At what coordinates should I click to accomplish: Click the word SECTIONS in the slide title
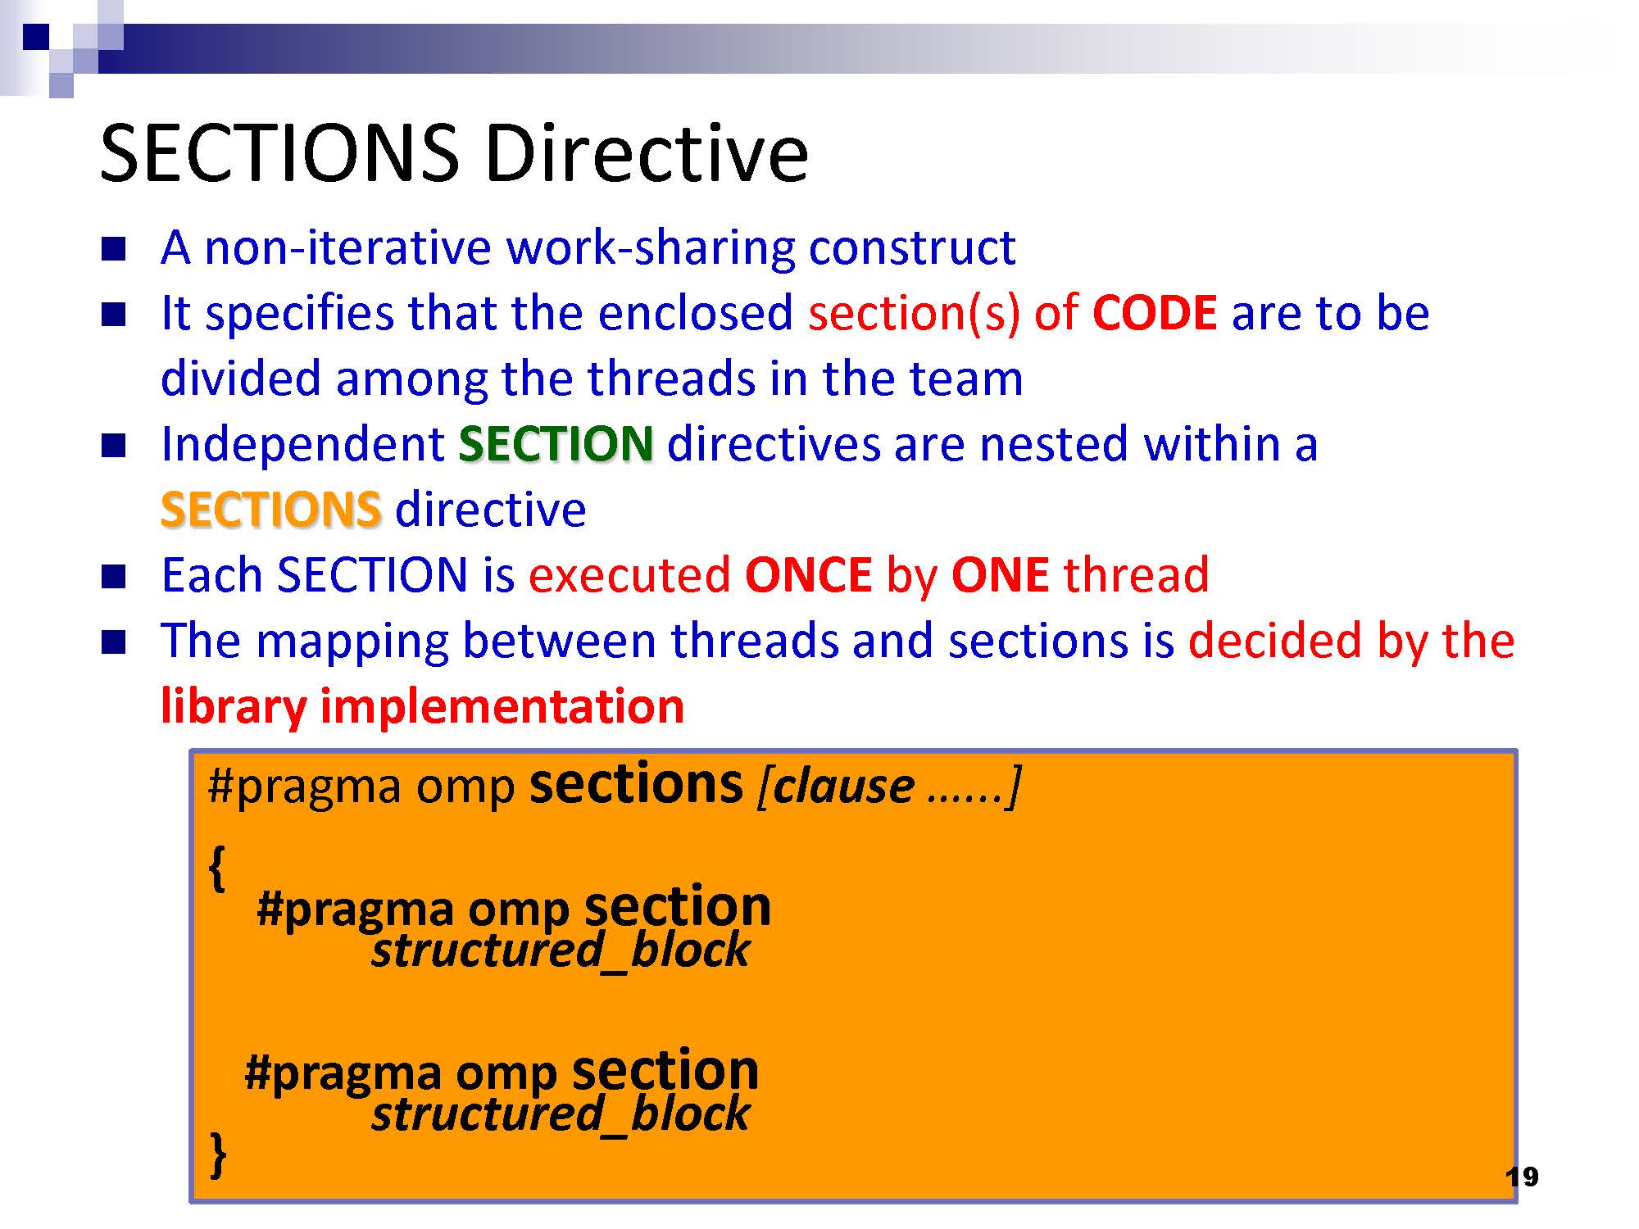(x=279, y=153)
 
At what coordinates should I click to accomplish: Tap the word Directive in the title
(x=647, y=153)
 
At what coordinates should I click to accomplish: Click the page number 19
(x=1522, y=1177)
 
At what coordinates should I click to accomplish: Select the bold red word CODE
(x=1155, y=313)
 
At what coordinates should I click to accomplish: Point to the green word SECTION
(x=556, y=444)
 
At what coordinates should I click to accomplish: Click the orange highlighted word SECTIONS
(x=271, y=510)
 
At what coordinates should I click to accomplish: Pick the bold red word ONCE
(x=808, y=575)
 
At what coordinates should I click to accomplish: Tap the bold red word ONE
(x=1000, y=575)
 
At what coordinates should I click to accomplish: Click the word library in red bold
(x=234, y=706)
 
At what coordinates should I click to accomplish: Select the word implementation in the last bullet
(x=502, y=706)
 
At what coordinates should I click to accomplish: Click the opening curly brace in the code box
(x=216, y=868)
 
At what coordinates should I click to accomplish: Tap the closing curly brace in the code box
(x=218, y=1155)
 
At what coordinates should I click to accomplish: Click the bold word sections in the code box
(x=636, y=784)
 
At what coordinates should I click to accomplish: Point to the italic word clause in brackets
(x=844, y=787)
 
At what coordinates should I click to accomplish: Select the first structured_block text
(x=561, y=950)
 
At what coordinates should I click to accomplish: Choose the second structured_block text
(x=561, y=1114)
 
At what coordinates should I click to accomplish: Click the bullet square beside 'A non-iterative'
(x=114, y=249)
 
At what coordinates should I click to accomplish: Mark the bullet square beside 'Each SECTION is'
(x=114, y=577)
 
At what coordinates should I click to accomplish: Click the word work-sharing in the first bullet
(x=652, y=247)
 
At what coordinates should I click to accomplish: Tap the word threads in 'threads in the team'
(x=670, y=379)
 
